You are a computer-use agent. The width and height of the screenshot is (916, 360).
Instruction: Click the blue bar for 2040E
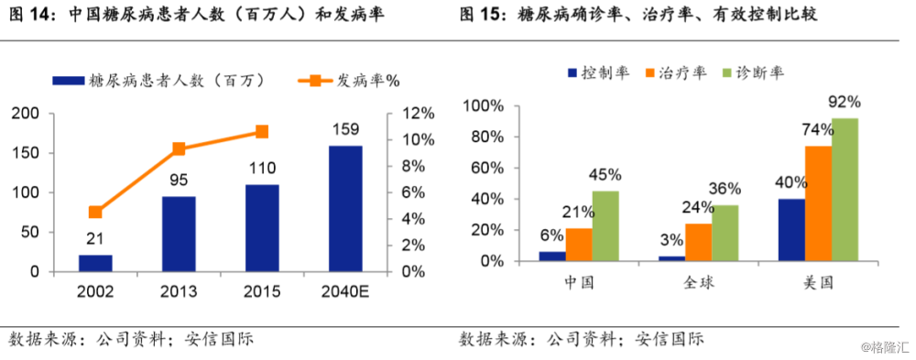tap(344, 209)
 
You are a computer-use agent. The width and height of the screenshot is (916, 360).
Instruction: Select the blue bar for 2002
tap(95, 263)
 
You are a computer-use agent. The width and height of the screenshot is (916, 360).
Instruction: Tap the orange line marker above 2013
tap(179, 148)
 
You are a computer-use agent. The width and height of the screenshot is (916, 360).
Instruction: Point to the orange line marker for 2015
tap(262, 132)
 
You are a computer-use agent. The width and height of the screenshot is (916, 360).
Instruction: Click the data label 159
tap(344, 129)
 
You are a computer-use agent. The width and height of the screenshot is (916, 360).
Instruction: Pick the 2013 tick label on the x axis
tap(179, 290)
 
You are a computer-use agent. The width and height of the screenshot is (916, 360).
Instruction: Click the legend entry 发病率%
tap(347, 81)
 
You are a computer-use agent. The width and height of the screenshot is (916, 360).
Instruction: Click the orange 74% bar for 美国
tap(819, 203)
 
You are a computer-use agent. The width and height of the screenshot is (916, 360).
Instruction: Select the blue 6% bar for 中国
tap(551, 256)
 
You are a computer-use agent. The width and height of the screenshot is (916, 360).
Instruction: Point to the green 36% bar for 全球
tap(725, 233)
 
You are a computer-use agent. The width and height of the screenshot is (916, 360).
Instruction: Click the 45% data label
tap(605, 173)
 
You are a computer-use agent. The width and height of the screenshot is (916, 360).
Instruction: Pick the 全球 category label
tap(699, 282)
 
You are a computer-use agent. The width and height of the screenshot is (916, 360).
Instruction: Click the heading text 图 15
tap(478, 16)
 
